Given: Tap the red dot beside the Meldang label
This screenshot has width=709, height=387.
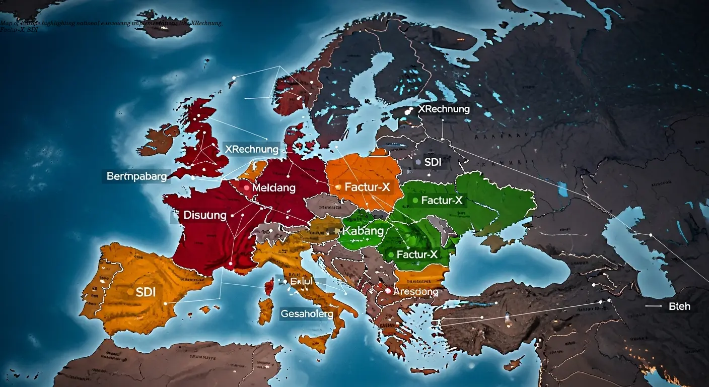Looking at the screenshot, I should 247,187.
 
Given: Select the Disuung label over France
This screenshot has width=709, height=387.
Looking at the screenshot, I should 204,215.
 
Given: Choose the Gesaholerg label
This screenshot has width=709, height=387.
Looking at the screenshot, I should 307,313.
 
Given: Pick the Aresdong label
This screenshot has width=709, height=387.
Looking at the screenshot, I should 415,291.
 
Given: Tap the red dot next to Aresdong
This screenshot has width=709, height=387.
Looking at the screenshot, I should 388,291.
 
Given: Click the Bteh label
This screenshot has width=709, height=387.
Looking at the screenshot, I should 679,306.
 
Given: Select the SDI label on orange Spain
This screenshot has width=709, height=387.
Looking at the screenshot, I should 146,292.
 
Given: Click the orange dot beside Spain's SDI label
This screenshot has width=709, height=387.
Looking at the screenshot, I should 131,292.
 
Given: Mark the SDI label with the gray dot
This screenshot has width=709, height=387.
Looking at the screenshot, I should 433,162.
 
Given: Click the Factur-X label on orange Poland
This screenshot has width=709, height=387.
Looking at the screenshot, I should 367,187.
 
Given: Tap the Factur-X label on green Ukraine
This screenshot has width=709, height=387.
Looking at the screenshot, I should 442,201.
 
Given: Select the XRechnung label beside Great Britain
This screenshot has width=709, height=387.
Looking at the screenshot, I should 251,149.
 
